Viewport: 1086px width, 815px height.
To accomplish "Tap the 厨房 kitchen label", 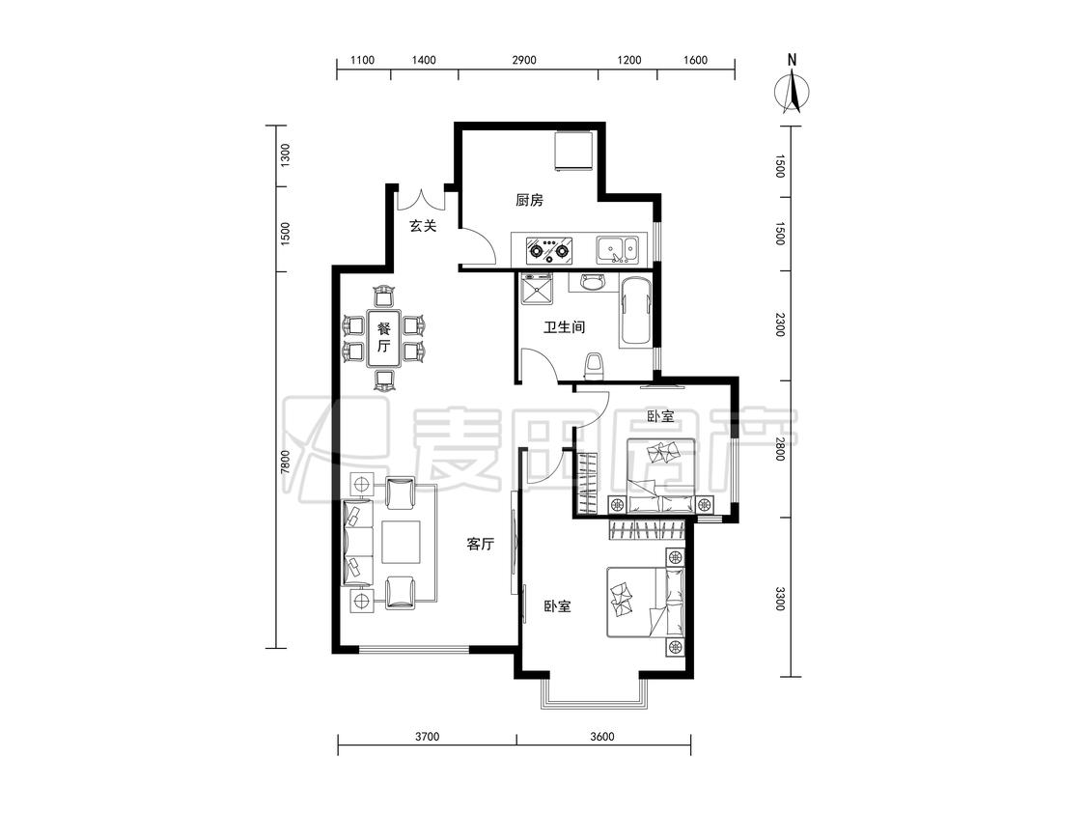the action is [x=529, y=200].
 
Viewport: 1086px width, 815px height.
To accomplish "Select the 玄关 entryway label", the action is [x=423, y=225].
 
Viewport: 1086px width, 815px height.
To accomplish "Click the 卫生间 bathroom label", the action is [x=564, y=326].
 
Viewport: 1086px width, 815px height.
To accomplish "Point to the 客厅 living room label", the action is [x=480, y=544].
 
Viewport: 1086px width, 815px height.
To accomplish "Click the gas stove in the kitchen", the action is [x=550, y=249].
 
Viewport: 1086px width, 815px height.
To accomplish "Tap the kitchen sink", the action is [x=618, y=249].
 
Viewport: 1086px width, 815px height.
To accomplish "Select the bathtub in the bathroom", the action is [x=636, y=311].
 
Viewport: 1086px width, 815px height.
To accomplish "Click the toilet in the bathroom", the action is [x=594, y=367].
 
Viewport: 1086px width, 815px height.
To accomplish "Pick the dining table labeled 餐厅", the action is [x=384, y=338].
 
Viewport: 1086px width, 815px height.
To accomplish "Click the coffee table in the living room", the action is [x=401, y=542].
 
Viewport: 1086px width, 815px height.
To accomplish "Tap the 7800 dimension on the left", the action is [x=285, y=463].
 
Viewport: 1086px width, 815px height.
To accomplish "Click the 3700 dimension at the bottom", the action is [x=428, y=737].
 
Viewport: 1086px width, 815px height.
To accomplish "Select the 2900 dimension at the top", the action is [x=524, y=60].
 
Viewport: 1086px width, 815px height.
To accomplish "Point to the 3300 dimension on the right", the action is [x=780, y=598].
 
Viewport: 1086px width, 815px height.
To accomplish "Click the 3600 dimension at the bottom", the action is [x=601, y=737].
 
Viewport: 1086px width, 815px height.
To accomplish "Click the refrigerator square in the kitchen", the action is [x=572, y=151].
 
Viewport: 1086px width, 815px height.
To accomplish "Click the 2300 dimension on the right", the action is [x=780, y=325].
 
